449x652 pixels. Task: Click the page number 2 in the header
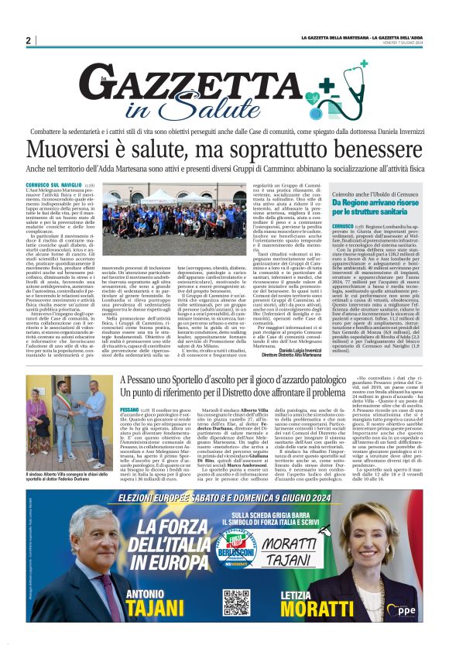pyautogui.click(x=28, y=40)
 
